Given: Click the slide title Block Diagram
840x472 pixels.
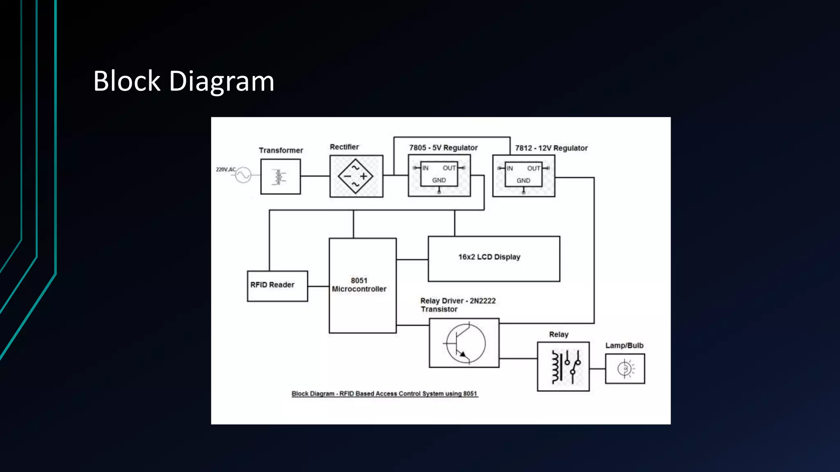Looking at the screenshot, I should tap(183, 81).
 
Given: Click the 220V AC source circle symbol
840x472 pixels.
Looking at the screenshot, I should tap(243, 175).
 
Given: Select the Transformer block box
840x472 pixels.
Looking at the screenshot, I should tap(281, 177).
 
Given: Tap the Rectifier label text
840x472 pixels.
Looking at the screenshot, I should tap(344, 147).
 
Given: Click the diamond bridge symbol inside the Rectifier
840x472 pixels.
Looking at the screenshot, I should tap(356, 176).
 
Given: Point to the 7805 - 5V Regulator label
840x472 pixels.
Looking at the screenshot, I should tap(443, 148).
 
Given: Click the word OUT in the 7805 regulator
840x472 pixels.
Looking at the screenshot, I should tap(449, 168).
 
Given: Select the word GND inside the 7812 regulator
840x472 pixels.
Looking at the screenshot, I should tap(523, 181).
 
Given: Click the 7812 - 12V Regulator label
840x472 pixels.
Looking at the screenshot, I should tap(551, 148).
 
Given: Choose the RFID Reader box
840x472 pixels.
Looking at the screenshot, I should tap(277, 286).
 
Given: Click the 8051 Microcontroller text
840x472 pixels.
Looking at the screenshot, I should tap(359, 285).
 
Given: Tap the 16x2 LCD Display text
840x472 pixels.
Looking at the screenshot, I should tap(489, 257).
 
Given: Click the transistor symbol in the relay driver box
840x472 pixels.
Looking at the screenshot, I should tap(465, 343).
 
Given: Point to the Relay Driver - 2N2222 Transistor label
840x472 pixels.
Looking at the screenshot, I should tap(458, 305).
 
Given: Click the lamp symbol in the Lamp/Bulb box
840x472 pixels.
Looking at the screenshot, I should tap(625, 369).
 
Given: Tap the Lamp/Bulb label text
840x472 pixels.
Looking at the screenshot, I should tap(624, 345).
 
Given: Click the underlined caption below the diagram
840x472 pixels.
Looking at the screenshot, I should tap(384, 394).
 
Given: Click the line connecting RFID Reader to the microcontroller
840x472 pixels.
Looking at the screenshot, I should tap(318, 286).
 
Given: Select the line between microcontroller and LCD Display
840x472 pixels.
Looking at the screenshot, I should tap(412, 259).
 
